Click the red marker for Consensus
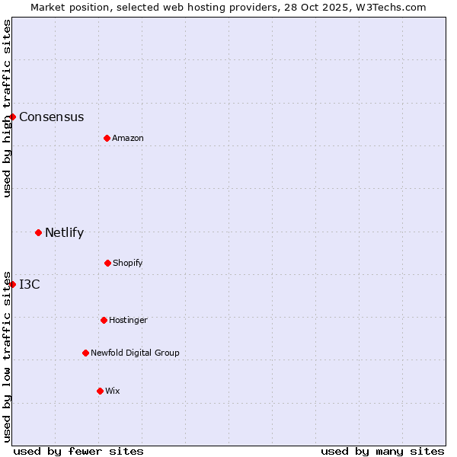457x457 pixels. tap(13, 117)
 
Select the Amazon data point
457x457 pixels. tap(107, 138)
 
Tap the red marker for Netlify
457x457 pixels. tap(38, 232)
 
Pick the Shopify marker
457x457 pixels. tap(107, 263)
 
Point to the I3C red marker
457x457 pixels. tap(13, 284)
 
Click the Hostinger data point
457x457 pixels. tap(104, 320)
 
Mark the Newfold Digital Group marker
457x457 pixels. tap(85, 353)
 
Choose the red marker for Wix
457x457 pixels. tap(100, 391)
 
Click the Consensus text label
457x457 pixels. tap(51, 117)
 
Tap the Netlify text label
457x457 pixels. tap(64, 233)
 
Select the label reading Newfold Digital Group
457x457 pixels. tap(135, 353)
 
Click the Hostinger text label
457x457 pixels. tap(128, 321)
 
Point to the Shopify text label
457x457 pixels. tap(127, 264)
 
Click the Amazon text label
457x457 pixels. tap(127, 139)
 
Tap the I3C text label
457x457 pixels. tap(30, 285)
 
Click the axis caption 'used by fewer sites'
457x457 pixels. tap(78, 451)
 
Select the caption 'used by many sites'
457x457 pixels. tap(382, 451)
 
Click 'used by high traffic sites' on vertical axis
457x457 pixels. tap(7, 108)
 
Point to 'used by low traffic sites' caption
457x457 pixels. tap(7, 356)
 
